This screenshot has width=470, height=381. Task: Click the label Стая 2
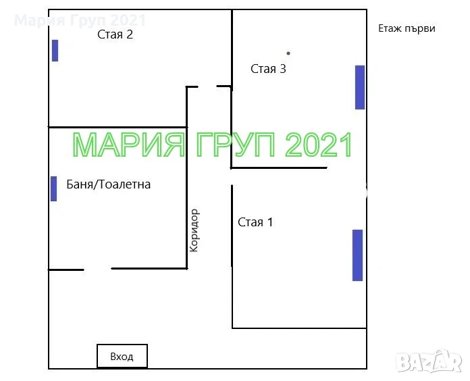[x=115, y=34]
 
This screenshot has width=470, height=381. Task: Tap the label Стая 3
[x=268, y=69]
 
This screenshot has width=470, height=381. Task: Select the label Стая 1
[x=255, y=222]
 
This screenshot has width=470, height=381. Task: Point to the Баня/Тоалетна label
[x=109, y=184]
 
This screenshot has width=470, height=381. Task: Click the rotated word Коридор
[x=194, y=230]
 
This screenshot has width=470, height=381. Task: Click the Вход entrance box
[x=122, y=356]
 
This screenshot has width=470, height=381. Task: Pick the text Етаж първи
[x=407, y=29]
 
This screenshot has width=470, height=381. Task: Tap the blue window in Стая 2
[x=55, y=51]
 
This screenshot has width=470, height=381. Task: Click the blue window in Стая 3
[x=360, y=87]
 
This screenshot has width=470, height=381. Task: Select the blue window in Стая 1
[x=358, y=255]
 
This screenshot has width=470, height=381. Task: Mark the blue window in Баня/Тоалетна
[x=53, y=189]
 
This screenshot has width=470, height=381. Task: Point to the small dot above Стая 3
[x=288, y=53]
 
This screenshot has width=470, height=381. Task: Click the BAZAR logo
[x=429, y=361]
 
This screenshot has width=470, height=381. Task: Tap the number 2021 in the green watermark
[x=319, y=145]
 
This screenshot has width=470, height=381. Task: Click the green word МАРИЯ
[x=129, y=145]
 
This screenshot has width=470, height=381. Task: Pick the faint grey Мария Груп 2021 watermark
[x=80, y=20]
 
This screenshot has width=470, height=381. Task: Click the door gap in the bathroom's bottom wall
[x=98, y=269]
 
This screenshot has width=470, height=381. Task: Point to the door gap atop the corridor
[x=207, y=86]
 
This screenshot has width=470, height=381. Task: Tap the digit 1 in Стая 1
[x=270, y=222]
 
